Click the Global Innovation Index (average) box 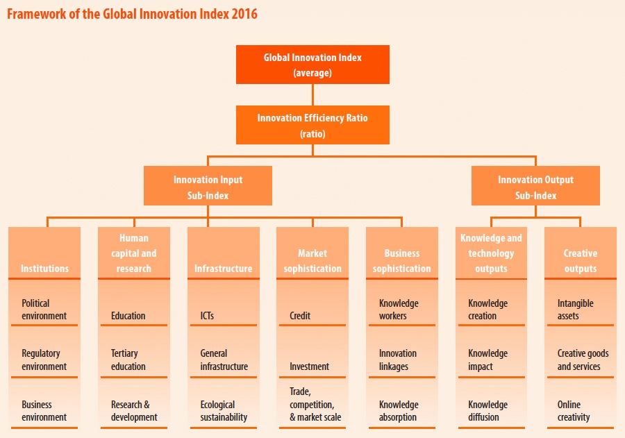click(312, 65)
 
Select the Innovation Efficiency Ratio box click(312, 125)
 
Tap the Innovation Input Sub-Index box click(208, 187)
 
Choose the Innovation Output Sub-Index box click(535, 187)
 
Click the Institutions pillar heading click(44, 268)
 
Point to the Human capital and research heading click(134, 253)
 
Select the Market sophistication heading click(312, 261)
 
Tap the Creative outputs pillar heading click(580, 261)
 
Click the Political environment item click(44, 310)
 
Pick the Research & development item click(134, 411)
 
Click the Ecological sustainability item click(224, 411)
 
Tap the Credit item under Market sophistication click(300, 316)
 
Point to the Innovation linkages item click(398, 360)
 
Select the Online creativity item click(574, 411)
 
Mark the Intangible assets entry click(576, 310)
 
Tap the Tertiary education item click(128, 360)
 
